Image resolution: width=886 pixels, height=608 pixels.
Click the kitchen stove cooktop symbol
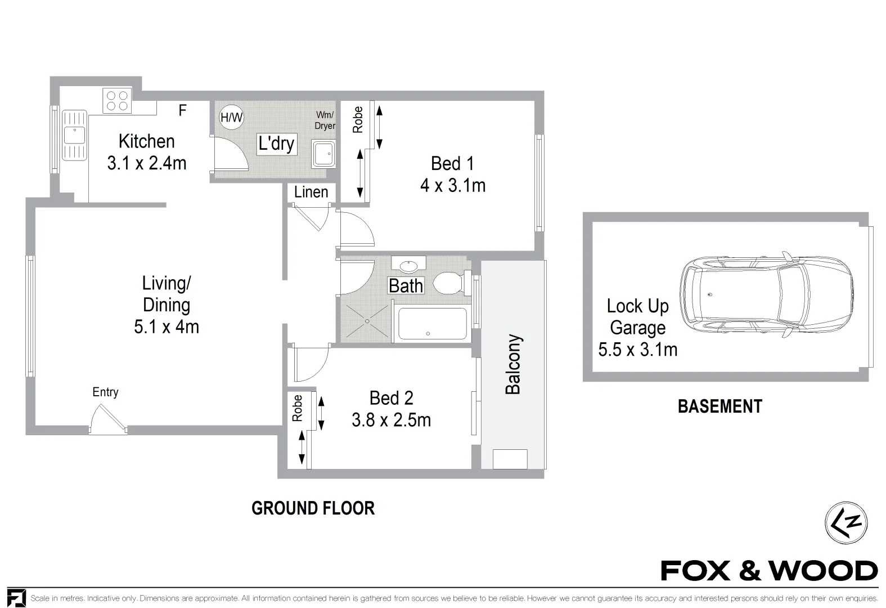coord(118,101)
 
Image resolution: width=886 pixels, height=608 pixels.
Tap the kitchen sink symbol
coord(74,135)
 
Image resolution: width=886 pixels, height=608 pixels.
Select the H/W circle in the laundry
coord(231,118)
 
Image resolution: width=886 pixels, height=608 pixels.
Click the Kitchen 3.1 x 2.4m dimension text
coord(146,163)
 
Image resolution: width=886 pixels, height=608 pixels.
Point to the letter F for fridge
coord(182,110)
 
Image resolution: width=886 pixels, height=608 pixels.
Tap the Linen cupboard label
coord(311,192)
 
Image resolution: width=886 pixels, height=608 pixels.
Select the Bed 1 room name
coord(452,164)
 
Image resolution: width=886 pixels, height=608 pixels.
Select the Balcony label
coord(513,364)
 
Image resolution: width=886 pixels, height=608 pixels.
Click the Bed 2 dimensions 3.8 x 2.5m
coord(391,420)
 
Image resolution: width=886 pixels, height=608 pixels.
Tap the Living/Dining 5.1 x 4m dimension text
coord(167,327)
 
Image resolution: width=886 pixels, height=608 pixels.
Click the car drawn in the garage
coord(766,294)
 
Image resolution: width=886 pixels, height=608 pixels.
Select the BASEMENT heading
coord(719,406)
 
